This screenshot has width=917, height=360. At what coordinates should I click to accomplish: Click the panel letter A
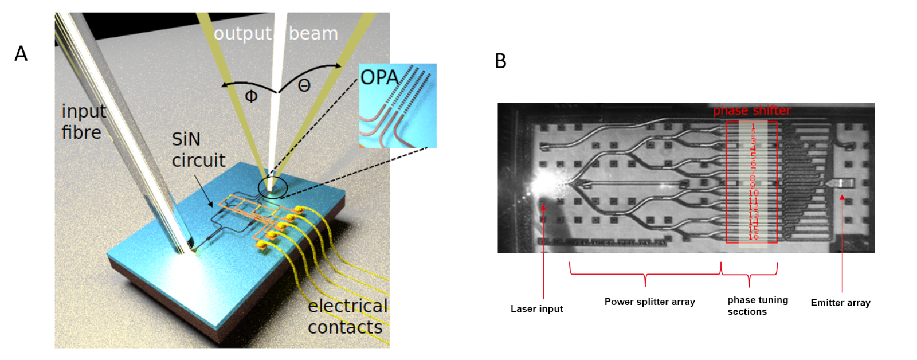pyautogui.click(x=21, y=53)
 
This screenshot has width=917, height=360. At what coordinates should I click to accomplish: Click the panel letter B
pyautogui.click(x=500, y=61)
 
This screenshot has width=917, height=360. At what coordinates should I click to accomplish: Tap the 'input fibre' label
pyautogui.click(x=83, y=122)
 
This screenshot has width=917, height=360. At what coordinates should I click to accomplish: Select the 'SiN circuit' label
pyautogui.click(x=198, y=150)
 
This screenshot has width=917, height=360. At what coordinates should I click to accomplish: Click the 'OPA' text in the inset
pyautogui.click(x=379, y=77)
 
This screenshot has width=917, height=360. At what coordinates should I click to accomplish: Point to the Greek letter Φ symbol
pyautogui.click(x=251, y=96)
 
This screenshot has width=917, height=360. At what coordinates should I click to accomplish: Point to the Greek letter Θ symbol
pyautogui.click(x=304, y=86)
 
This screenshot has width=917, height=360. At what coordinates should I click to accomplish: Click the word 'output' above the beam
pyautogui.click(x=242, y=34)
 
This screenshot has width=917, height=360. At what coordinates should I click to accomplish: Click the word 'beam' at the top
pyautogui.click(x=313, y=34)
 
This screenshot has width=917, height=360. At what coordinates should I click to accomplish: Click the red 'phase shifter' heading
pyautogui.click(x=751, y=111)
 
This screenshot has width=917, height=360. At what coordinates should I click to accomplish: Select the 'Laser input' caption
pyautogui.click(x=536, y=308)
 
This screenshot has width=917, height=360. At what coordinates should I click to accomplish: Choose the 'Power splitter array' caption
pyautogui.click(x=649, y=302)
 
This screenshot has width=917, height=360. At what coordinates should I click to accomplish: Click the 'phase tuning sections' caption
pyautogui.click(x=757, y=306)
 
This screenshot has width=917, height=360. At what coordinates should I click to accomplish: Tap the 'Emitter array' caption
pyautogui.click(x=840, y=302)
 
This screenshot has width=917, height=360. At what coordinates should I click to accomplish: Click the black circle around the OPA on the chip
pyautogui.click(x=273, y=187)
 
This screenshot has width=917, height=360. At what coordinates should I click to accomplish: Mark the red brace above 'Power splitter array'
pyautogui.click(x=645, y=274)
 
